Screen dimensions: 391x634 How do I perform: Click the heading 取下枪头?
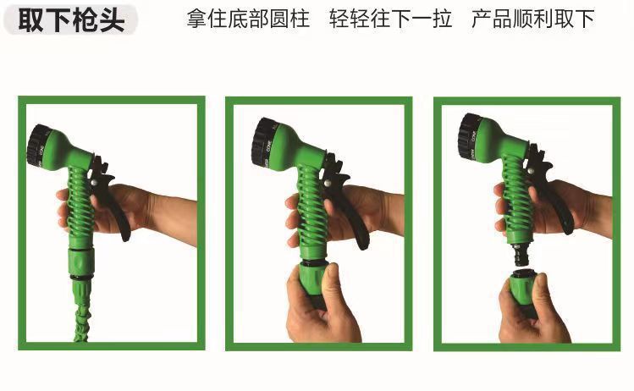click(x=71, y=19)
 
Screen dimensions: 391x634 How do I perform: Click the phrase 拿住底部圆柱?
click(x=248, y=19)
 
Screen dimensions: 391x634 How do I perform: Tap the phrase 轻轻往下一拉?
click(x=390, y=19)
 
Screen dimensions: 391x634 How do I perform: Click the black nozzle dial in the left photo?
click(x=37, y=145)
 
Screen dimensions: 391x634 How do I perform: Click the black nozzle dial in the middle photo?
click(x=262, y=145)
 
